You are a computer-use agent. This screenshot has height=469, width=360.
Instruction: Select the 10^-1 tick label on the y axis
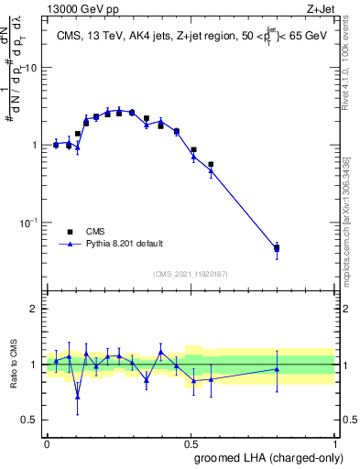(30, 222)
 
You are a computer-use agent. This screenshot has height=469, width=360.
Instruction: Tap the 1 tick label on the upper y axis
(36, 145)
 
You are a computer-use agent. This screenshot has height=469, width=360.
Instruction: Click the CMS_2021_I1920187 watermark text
(190, 274)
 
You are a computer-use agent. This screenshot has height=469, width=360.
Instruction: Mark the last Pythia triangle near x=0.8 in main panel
(277, 248)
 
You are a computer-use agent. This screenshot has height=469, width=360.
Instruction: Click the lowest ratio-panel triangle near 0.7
(103, 397)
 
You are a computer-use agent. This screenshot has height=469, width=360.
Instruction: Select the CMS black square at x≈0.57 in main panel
(211, 165)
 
